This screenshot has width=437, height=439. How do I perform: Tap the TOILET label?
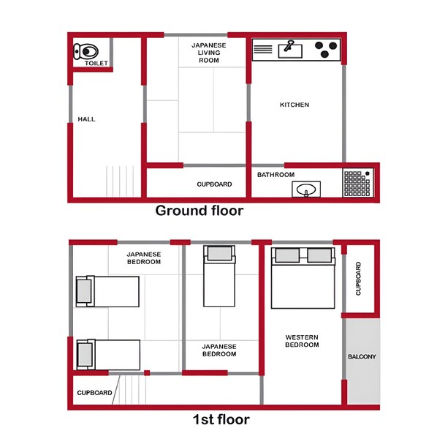96,64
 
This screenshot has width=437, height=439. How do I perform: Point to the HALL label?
86,119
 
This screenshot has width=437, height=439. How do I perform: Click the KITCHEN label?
294,105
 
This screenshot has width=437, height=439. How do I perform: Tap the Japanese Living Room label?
208,53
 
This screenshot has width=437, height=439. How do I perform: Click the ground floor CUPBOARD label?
214,184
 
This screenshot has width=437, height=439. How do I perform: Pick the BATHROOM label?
275,175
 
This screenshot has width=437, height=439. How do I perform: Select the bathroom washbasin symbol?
305,190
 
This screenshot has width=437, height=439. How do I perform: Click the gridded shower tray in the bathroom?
357,184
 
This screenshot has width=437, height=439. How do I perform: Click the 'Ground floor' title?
199,211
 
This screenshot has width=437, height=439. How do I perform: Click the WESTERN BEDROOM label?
301,340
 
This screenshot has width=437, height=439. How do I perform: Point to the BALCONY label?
362,357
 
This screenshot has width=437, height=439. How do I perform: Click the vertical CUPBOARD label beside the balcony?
358,279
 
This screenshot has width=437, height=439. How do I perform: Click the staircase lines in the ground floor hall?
119,181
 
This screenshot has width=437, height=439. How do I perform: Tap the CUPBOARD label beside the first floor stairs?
95,393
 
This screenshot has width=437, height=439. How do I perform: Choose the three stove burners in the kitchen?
327,49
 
